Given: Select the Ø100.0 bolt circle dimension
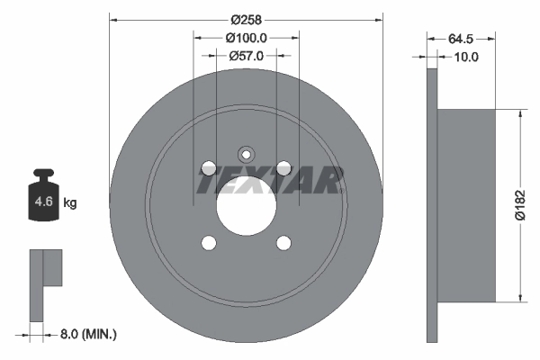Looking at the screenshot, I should [x=246, y=38].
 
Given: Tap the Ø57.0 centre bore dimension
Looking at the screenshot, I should [x=246, y=56].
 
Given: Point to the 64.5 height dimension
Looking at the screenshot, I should [x=461, y=38].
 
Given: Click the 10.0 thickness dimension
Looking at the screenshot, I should [x=466, y=56].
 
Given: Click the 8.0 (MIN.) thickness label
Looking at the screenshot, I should [x=86, y=334].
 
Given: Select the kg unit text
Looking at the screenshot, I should [x=70, y=203].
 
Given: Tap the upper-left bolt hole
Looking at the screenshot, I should [x=209, y=167].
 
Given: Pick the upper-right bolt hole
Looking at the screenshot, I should [x=283, y=167].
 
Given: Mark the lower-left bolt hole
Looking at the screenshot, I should [x=209, y=243].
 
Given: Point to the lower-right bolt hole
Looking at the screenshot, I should [x=283, y=243].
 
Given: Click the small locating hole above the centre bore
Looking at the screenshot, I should [x=246, y=152].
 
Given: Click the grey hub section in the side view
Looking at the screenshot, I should [x=466, y=205].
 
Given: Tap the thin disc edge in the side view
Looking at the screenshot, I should [x=432, y=205].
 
